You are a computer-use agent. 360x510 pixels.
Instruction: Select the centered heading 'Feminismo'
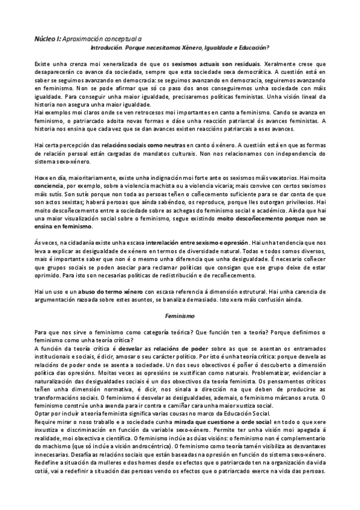click(x=180, y=315)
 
